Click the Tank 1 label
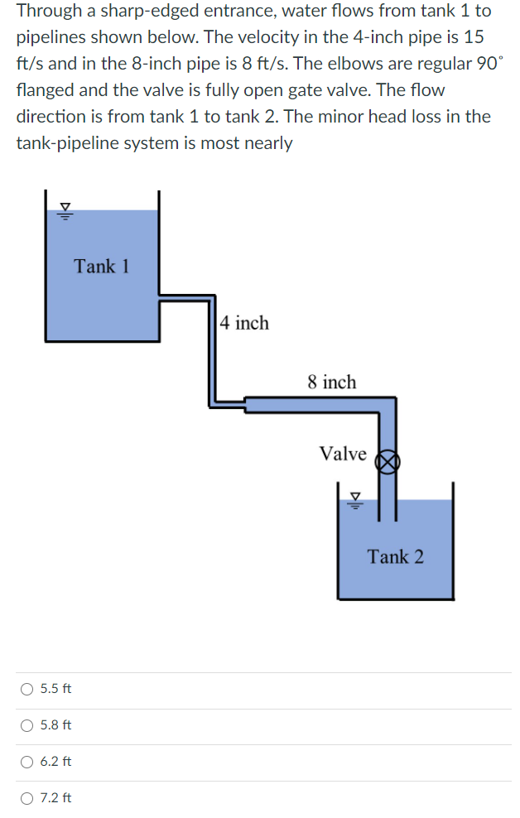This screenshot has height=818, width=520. (101, 267)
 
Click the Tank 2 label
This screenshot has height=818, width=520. (395, 556)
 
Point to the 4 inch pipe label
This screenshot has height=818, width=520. (244, 323)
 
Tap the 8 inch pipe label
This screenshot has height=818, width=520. (331, 382)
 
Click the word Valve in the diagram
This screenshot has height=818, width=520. (343, 454)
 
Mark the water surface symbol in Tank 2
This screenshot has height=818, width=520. (356, 498)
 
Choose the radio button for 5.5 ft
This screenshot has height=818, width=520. (27, 689)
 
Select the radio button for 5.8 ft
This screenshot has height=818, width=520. (27, 725)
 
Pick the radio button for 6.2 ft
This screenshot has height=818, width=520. (27, 762)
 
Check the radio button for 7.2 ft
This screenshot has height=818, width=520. (27, 798)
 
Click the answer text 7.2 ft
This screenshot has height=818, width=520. (55, 798)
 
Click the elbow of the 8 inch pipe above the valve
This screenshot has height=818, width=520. (387, 405)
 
